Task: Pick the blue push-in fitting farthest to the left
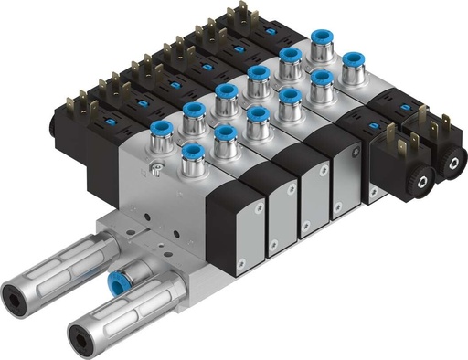tap(160, 128)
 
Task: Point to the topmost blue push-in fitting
tap(320, 38)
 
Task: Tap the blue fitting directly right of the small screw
tap(191, 152)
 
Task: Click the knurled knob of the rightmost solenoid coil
tap(452, 167)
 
